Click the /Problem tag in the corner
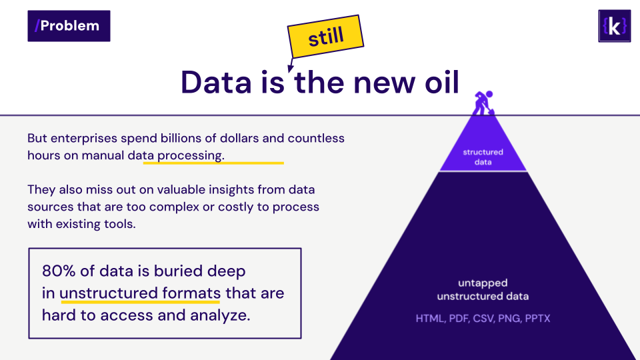coord(69,26)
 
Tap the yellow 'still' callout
coord(325,37)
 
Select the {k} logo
coord(614,26)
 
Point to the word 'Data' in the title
coord(216,83)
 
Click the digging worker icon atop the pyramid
coord(483,103)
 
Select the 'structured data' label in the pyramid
coord(483,157)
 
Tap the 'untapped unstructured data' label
coord(483,289)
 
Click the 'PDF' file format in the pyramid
coord(459,319)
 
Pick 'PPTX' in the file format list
coord(537,319)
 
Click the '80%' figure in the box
coord(59,271)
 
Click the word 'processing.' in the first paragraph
coord(191,155)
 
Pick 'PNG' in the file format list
coord(509,319)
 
